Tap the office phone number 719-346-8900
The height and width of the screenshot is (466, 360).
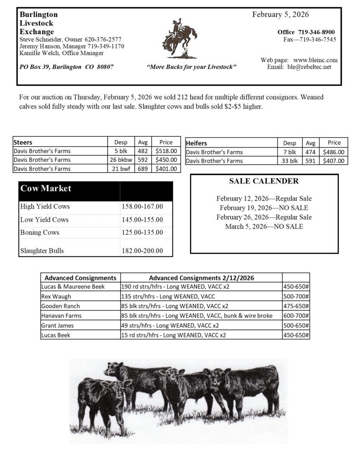316,32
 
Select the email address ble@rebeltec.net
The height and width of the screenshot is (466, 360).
309,67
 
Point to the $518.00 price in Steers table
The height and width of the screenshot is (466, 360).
166,151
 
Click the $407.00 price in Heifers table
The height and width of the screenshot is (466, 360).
334,161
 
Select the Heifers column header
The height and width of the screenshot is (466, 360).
197,143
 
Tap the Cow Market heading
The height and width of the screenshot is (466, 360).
46,189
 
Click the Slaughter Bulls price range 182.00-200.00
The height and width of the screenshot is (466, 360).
142,250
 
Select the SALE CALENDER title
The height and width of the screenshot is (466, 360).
264,181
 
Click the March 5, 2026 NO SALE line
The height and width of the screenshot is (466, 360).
264,227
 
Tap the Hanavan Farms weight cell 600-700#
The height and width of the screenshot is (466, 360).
296,315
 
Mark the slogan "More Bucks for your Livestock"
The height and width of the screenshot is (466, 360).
191,67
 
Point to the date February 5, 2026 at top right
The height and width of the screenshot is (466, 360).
280,15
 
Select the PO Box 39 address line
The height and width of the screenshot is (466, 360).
66,67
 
